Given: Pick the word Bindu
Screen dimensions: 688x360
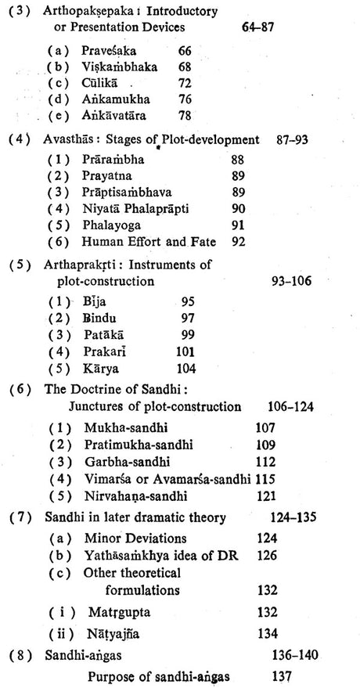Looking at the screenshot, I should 99,319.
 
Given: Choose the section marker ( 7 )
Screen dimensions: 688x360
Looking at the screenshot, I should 19,517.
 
